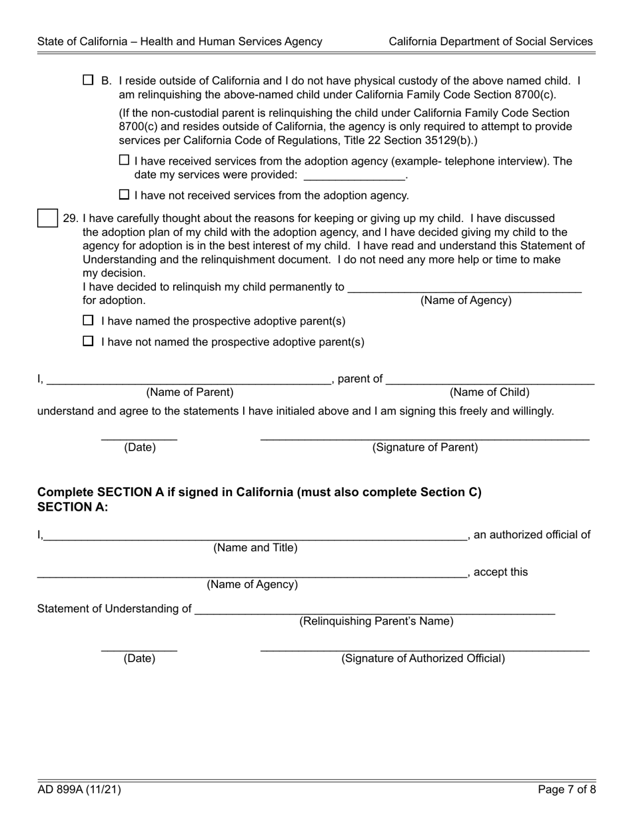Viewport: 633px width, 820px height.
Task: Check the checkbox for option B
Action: pos(88,81)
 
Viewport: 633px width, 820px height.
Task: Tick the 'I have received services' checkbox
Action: pos(124,161)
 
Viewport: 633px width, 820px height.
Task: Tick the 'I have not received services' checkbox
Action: pos(124,195)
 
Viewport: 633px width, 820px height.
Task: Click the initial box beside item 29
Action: pos(47,218)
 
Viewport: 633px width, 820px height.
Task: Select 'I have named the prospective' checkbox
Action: pos(88,321)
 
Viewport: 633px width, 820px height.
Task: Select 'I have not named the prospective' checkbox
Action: pos(88,341)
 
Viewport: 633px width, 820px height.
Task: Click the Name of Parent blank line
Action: pos(189,380)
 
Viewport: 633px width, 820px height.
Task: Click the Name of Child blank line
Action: pos(490,380)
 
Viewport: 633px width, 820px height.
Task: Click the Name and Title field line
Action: pos(255,535)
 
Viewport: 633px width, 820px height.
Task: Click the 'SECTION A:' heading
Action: pos(73,507)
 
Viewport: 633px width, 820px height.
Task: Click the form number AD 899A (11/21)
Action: pos(79,791)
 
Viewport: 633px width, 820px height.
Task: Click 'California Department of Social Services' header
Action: pos(490,41)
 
